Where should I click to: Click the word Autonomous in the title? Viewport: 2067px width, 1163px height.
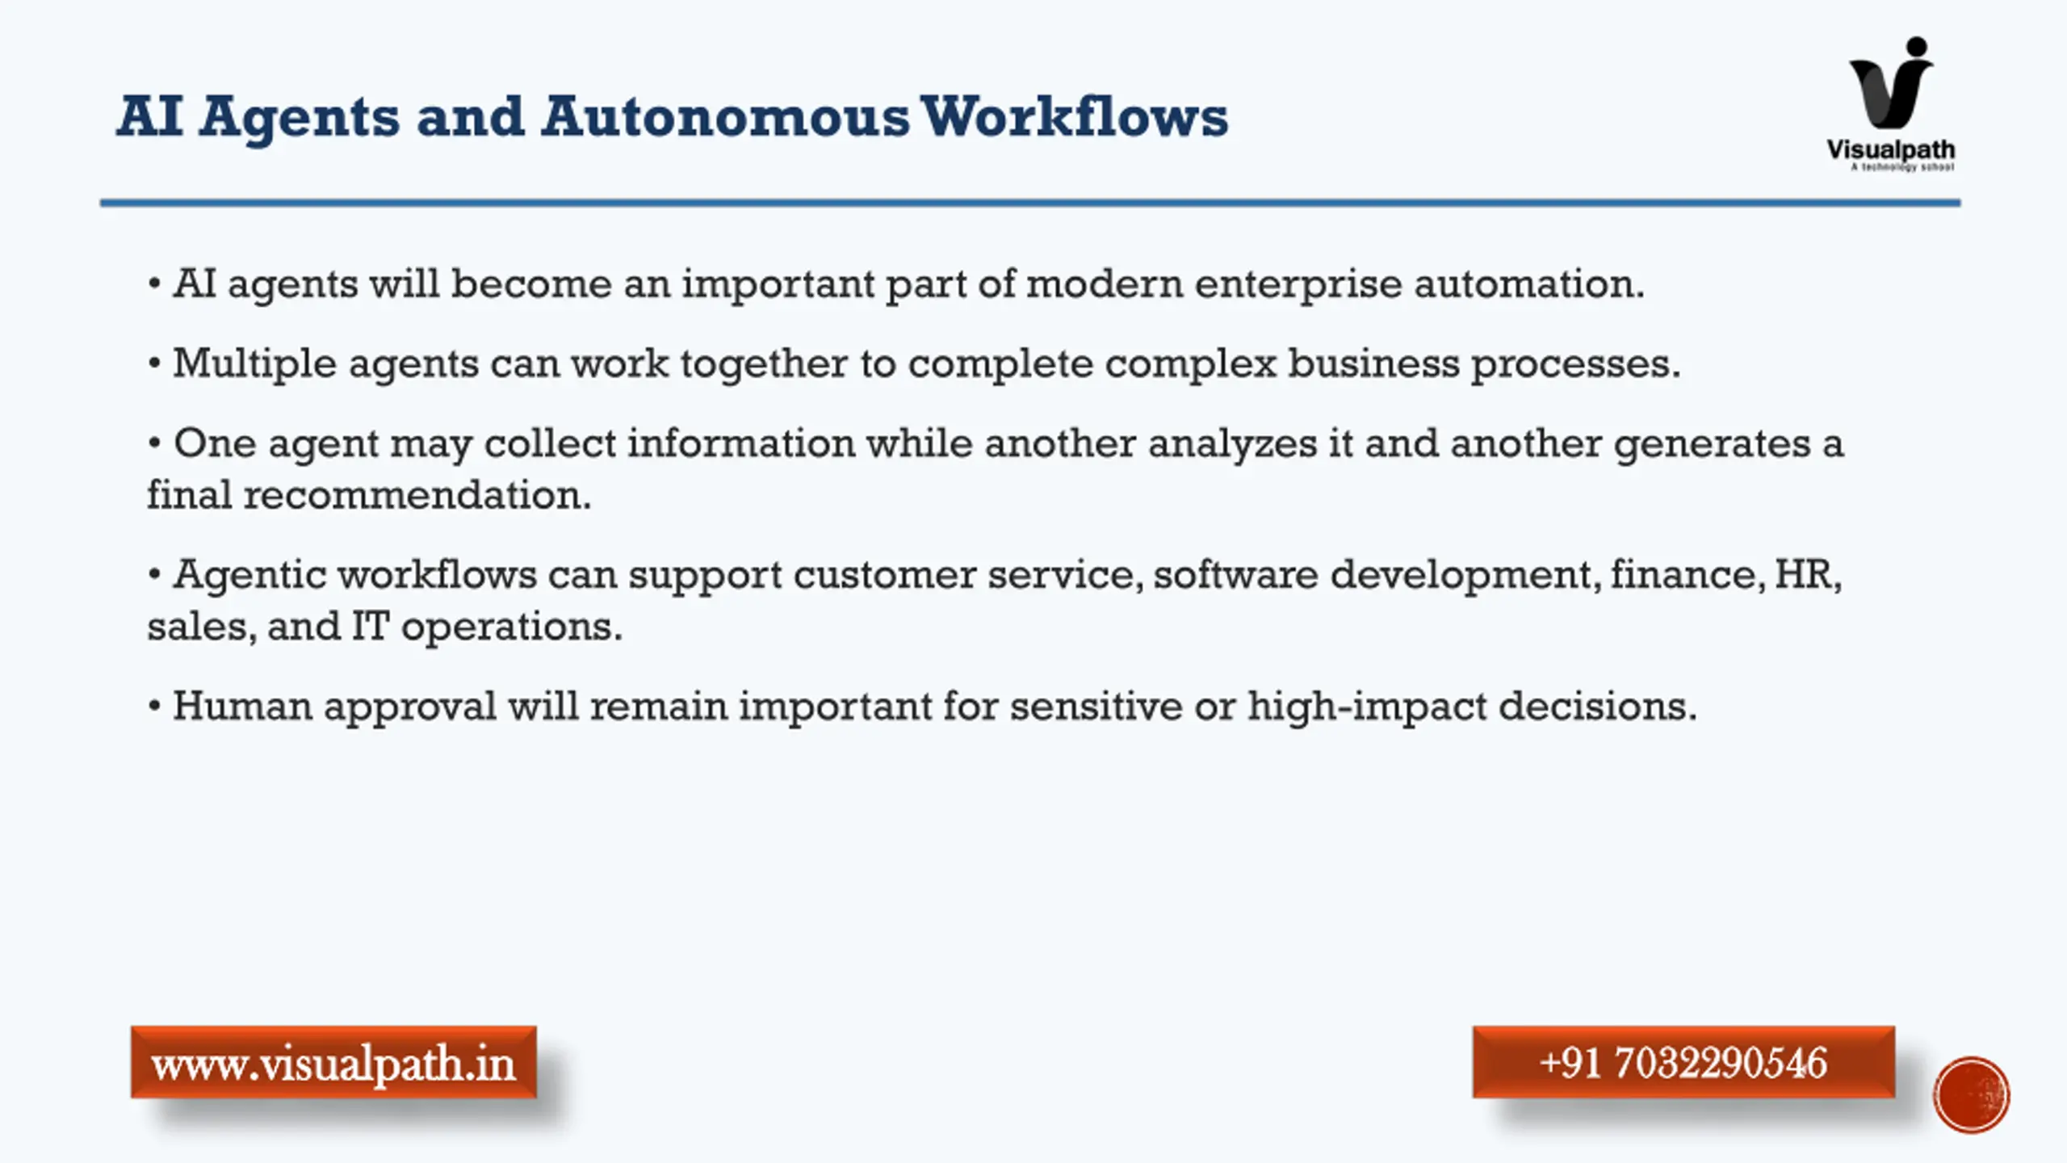point(725,117)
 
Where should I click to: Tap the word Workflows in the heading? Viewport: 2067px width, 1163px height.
point(1074,116)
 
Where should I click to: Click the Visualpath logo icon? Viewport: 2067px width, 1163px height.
point(1892,82)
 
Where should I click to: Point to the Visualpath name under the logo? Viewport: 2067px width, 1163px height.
point(1891,150)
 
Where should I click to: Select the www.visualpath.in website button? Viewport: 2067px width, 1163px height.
point(333,1062)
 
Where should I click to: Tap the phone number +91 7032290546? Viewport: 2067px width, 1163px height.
point(1683,1062)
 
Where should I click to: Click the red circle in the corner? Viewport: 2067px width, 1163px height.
point(1971,1095)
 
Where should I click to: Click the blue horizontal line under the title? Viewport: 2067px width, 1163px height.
point(1030,203)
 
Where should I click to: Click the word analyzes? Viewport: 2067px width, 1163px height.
point(1233,443)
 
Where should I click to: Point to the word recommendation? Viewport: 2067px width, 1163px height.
point(417,494)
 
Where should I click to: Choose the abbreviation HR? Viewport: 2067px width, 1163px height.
point(1808,575)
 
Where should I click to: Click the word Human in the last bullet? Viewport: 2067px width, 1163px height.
point(242,706)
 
